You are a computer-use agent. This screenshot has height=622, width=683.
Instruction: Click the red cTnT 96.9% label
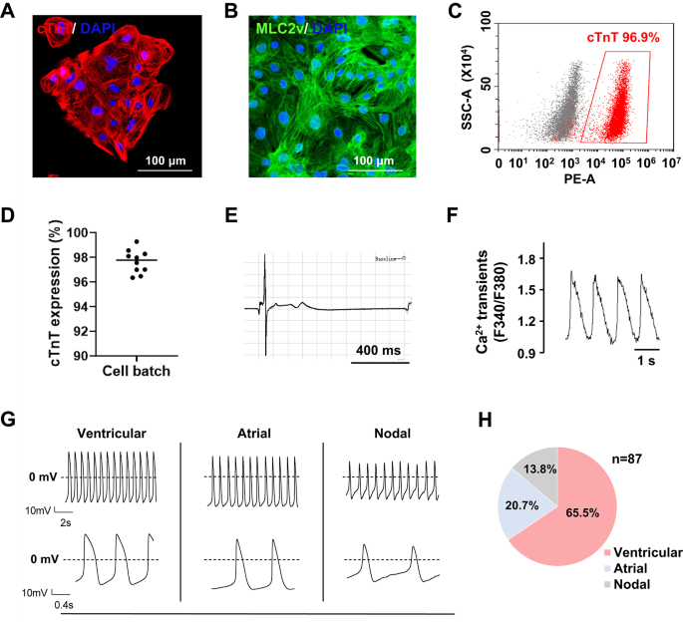coord(618,37)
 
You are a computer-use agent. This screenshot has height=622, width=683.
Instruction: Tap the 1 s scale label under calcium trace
coord(647,364)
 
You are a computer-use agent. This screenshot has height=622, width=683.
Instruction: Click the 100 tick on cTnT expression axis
coord(79,233)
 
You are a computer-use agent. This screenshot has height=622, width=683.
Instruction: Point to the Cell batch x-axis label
coord(134,372)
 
